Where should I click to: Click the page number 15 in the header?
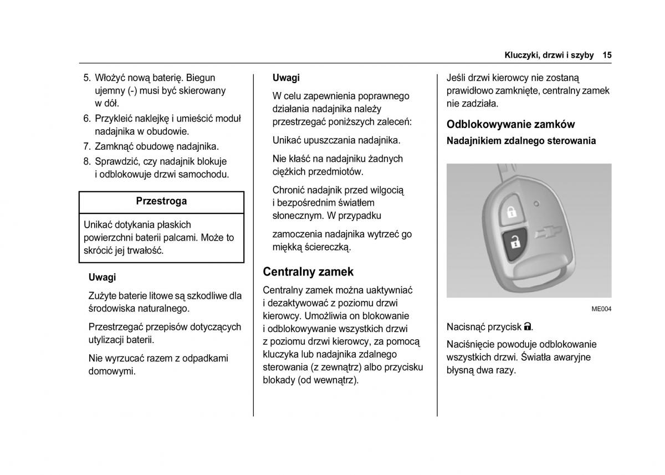[607, 55]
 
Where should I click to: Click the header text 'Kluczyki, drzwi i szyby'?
[549, 55]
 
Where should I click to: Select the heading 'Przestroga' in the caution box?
[161, 201]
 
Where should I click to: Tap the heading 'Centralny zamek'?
[308, 272]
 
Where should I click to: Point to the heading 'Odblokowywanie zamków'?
[510, 124]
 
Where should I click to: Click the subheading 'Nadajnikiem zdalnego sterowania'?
[521, 141]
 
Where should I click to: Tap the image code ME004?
[601, 309]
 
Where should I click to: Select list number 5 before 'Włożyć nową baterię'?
[86, 78]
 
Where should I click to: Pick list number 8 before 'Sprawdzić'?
[86, 161]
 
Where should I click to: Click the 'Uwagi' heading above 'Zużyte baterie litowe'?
[102, 277]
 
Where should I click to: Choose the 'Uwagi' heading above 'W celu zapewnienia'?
[286, 78]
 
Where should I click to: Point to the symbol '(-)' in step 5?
[132, 90]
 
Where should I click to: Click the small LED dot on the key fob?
[535, 203]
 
